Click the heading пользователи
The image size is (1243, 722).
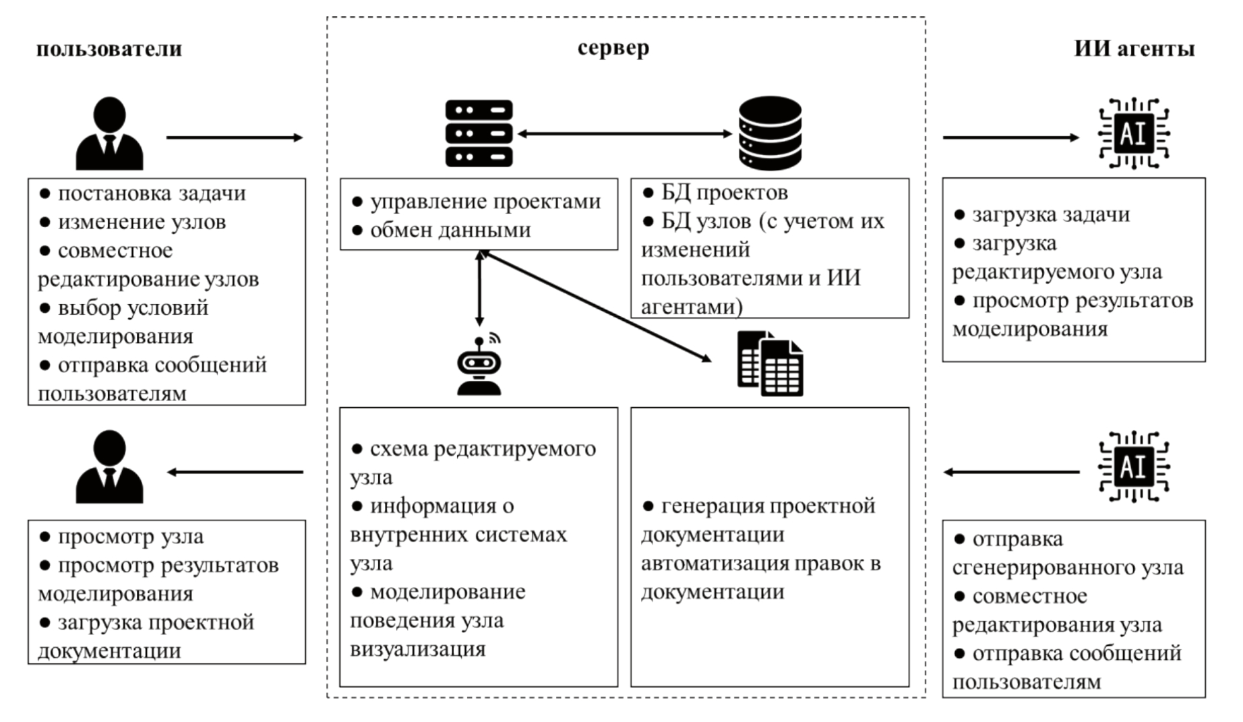109,49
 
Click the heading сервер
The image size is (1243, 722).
613,48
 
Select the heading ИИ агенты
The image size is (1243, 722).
1134,49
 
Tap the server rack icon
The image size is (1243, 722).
479,133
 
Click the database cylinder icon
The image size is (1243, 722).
770,133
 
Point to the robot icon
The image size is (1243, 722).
479,365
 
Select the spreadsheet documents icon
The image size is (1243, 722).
770,363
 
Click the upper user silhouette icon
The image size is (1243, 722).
109,133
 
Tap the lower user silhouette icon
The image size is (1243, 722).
109,467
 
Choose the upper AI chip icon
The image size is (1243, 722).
1134,133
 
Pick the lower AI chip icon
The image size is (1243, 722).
1134,467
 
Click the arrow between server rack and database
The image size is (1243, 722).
624,133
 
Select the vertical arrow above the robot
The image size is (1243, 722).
479,289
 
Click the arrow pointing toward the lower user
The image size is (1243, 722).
235,472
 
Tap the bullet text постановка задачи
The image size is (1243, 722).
151,193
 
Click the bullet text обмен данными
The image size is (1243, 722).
450,230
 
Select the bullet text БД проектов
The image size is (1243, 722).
724,193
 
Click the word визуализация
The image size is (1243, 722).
418,649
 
